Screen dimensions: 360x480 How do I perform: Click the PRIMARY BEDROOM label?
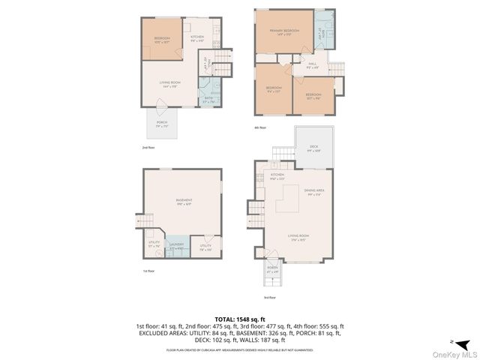pos(285,31)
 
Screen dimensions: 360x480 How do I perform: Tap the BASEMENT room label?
pos(184,200)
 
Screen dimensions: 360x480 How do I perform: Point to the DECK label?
pos(313,148)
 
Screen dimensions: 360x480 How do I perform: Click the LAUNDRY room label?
pos(177,245)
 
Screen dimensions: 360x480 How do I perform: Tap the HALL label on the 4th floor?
pos(313,64)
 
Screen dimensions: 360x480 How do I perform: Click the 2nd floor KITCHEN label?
pos(196,37)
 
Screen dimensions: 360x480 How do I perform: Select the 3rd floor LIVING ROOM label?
pos(298,236)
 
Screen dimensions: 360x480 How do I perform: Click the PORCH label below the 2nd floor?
pos(162,122)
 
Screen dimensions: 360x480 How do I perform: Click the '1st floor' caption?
pos(149,271)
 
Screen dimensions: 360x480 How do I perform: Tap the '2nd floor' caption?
pos(148,147)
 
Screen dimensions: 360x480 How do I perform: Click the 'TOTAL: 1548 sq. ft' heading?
pos(239,319)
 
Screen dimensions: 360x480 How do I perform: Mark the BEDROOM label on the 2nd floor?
pos(162,39)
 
